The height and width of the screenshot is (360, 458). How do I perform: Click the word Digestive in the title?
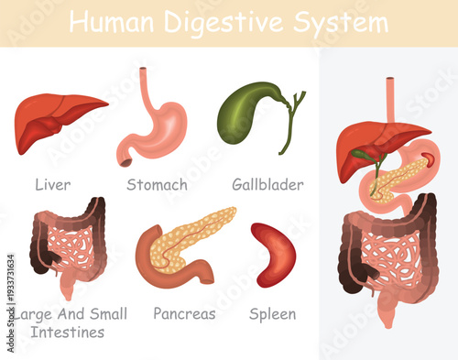point(236,22)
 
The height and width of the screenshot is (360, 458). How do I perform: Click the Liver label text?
point(52,185)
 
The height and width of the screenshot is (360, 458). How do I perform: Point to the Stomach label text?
point(157,185)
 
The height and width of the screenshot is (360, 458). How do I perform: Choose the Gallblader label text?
point(267,185)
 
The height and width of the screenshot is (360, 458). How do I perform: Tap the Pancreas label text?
point(184,314)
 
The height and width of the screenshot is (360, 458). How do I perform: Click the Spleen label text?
point(273,314)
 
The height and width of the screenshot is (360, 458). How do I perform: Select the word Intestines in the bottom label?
point(67,331)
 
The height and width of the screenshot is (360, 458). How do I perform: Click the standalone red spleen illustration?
point(274,254)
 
